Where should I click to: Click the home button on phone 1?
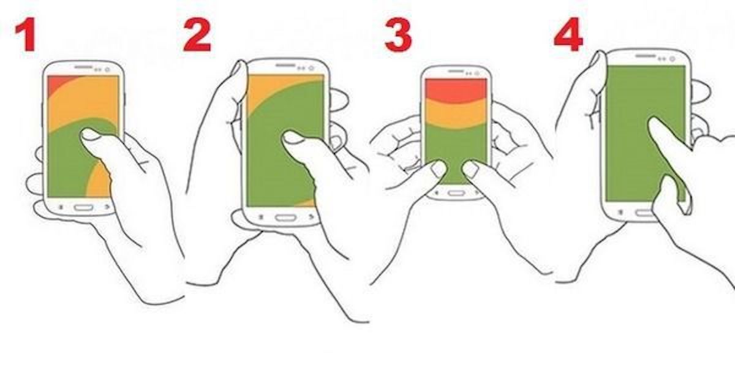tap(83, 208)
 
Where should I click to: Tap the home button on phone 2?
tap(285, 218)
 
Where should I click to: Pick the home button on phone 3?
tap(456, 192)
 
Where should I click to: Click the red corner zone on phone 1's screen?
tap(59, 84)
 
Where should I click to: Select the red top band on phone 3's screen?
tap(456, 89)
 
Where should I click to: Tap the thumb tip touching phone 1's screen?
tap(89, 134)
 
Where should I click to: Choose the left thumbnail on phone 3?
tap(437, 170)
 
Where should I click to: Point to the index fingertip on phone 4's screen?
tap(653, 123)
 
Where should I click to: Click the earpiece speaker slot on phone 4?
tap(645, 56)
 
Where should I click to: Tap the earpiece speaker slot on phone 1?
tap(83, 67)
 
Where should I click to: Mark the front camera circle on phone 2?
tap(311, 68)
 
